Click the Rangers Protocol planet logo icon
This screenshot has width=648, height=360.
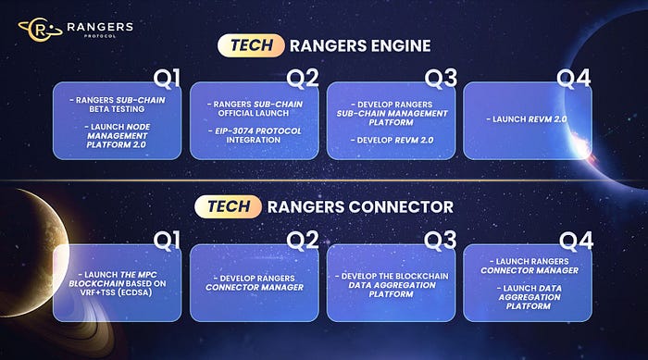click(40, 30)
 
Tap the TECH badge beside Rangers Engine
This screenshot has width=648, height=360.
click(251, 45)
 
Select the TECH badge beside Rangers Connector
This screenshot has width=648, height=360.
click(228, 206)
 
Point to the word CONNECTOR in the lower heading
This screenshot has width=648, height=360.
click(401, 207)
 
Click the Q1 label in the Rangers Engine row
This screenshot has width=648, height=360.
click(167, 78)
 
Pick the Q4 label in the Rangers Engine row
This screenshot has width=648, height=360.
click(573, 78)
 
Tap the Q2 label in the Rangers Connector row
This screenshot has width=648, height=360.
click(303, 240)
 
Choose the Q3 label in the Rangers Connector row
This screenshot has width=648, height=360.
click(440, 240)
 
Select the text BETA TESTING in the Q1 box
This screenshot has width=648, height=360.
click(117, 109)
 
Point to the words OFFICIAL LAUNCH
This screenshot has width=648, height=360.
click(254, 113)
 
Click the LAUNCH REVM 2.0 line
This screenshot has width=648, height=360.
click(527, 119)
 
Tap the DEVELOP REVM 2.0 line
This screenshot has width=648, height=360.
click(392, 140)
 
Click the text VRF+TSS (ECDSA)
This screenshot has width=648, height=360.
click(117, 292)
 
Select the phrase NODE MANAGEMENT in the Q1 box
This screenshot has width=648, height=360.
click(118, 131)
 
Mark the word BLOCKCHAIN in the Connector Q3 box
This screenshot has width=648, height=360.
click(422, 276)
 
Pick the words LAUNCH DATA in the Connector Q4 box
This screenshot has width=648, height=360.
click(530, 288)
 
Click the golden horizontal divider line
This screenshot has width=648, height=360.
click(324, 180)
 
